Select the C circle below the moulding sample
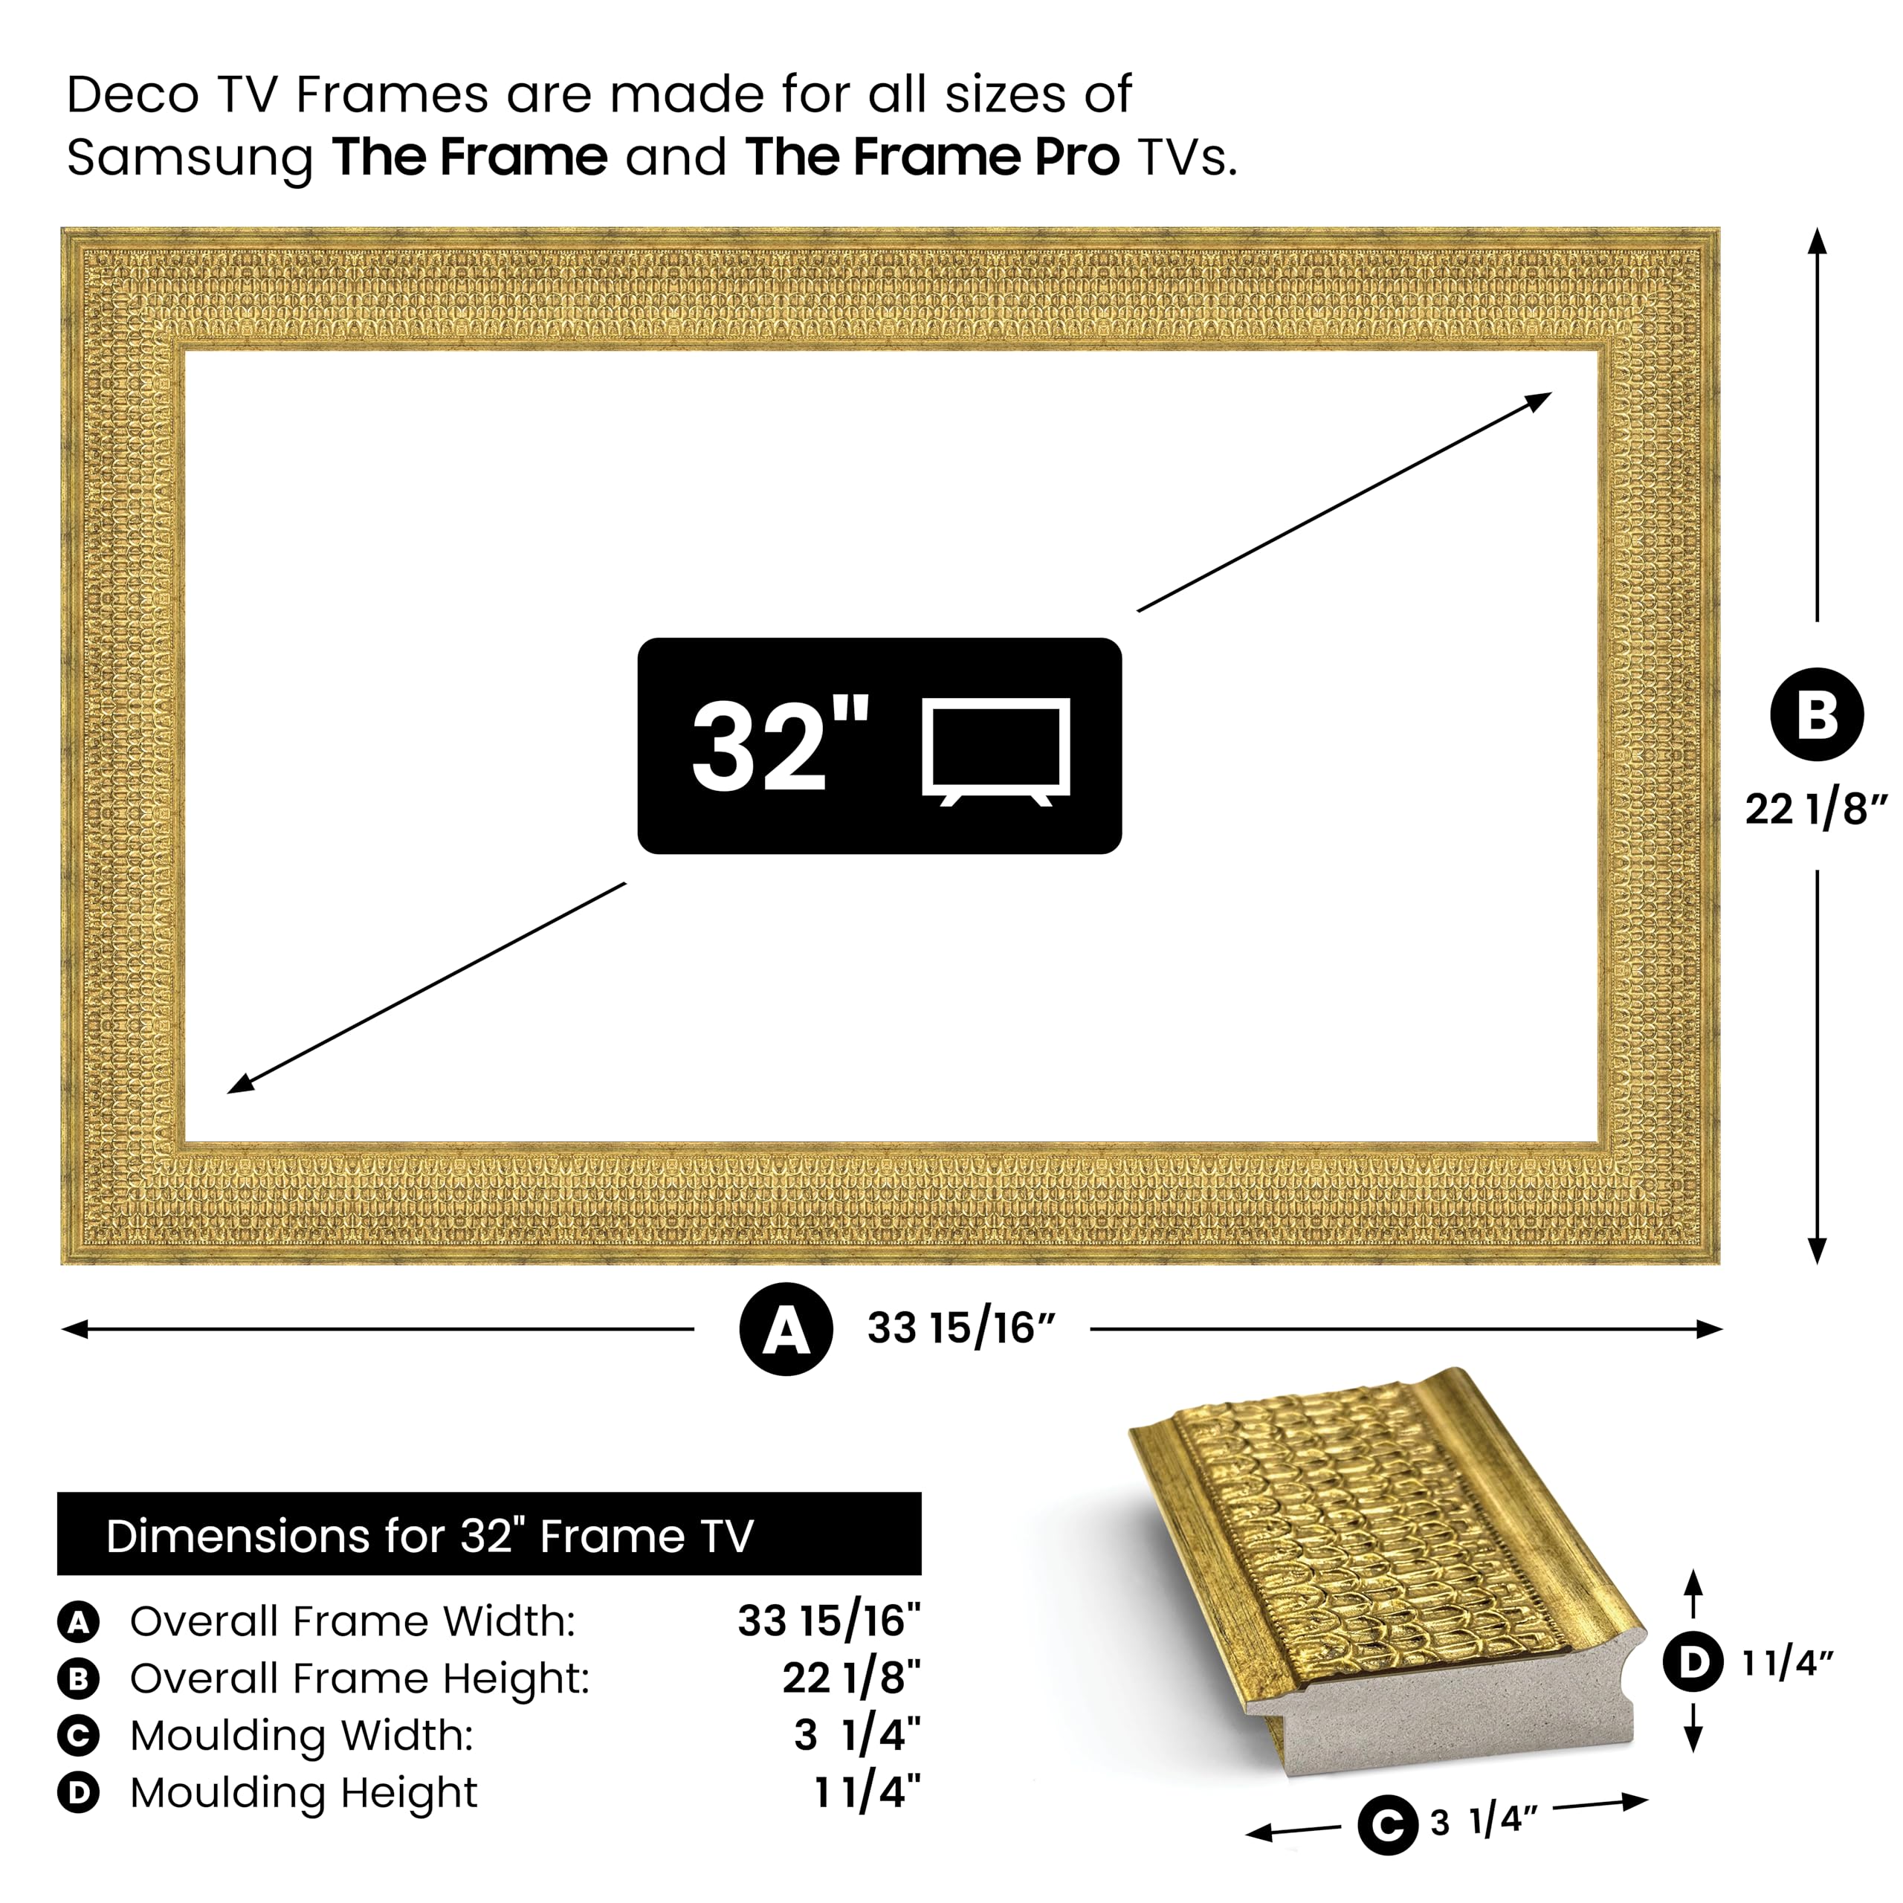pyautogui.click(x=1387, y=1825)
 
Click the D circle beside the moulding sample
pyautogui.click(x=1693, y=1663)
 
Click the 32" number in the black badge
pyautogui.click(x=778, y=746)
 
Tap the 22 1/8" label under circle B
pyautogui.click(x=1815, y=810)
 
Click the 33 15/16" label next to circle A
pyautogui.click(x=960, y=1328)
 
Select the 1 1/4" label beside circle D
pyautogui.click(x=1787, y=1664)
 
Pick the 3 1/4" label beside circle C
pyautogui.click(x=1482, y=1822)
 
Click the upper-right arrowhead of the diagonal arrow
pyautogui.click(x=1539, y=399)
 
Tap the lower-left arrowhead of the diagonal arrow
pyautogui.click(x=240, y=1085)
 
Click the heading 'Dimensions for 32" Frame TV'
pyautogui.click(x=430, y=1536)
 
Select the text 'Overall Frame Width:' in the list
pyautogui.click(x=352, y=1621)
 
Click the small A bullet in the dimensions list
pyautogui.click(x=78, y=1621)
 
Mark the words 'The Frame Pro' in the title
pyautogui.click(x=931, y=157)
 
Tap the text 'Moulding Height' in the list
pyautogui.click(x=303, y=1793)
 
